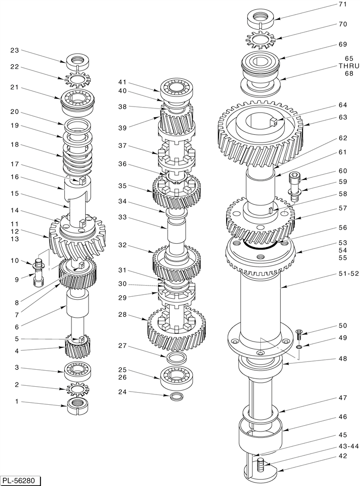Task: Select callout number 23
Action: click(14, 50)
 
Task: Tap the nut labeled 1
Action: click(78, 405)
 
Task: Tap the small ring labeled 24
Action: click(178, 396)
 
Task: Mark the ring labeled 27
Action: click(178, 359)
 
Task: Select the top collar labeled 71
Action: click(261, 18)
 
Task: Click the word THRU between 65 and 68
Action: click(349, 66)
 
